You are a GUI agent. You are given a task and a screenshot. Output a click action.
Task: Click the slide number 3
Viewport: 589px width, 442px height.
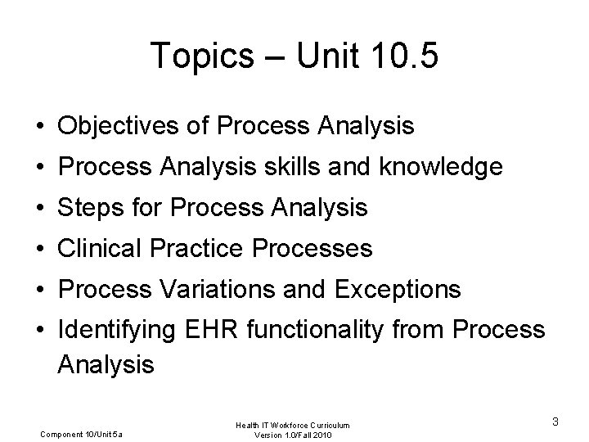tap(555, 422)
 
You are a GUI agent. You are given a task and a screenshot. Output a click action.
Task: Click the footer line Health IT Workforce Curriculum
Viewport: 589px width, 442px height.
tap(294, 424)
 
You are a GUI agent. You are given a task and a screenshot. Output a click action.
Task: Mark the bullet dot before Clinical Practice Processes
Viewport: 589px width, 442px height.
tap(40, 250)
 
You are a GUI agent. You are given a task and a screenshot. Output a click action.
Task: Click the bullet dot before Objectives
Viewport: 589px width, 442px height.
tap(40, 128)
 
